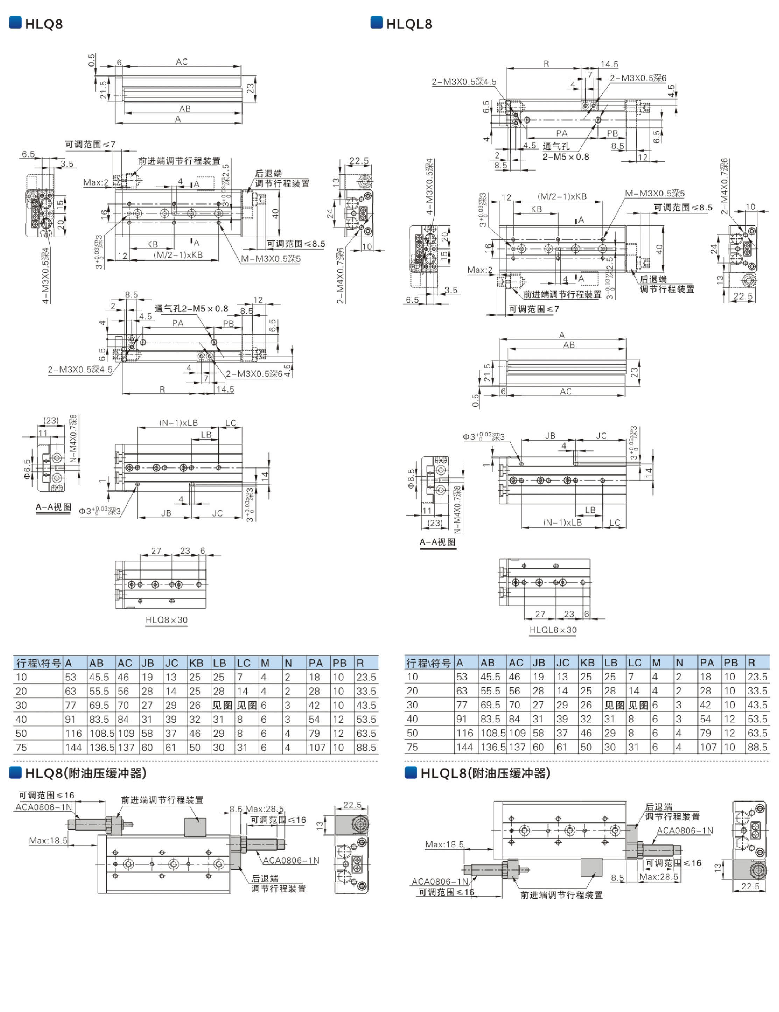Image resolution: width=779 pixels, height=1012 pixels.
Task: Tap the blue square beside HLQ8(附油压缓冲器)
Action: click(15, 772)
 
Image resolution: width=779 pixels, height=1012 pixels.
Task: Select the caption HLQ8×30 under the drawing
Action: click(166, 620)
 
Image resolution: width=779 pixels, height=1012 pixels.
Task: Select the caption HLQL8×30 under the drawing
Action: click(553, 630)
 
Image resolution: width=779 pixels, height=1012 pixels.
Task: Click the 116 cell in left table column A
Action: click(73, 734)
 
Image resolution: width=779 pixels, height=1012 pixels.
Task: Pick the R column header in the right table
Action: click(751, 663)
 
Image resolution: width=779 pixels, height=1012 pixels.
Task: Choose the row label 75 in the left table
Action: click(21, 747)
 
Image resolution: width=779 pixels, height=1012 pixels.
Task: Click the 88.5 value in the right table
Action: click(757, 747)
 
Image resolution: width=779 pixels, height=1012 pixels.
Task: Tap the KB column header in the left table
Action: click(196, 663)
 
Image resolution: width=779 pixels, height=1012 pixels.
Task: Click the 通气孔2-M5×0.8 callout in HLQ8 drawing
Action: click(191, 309)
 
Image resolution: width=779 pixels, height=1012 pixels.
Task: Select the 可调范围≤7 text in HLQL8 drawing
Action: click(534, 309)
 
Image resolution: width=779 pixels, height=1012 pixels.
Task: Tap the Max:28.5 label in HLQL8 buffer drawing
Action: click(659, 877)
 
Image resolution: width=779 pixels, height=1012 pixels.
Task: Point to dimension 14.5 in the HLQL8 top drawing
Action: click(609, 64)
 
